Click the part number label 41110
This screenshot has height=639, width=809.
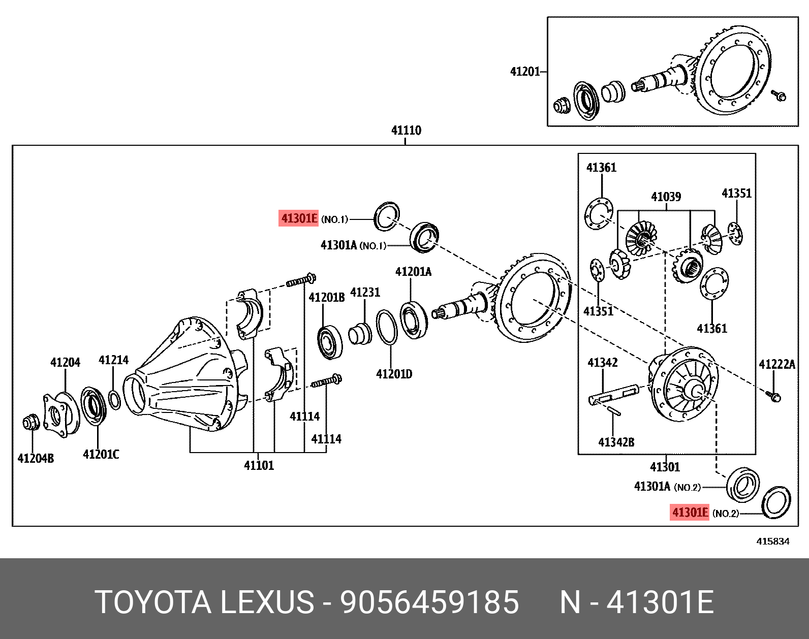406,131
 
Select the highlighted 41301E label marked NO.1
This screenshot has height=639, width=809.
299,218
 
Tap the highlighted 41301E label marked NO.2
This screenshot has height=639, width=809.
690,512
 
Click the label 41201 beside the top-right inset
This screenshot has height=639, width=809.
524,72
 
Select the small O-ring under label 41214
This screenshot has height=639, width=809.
115,399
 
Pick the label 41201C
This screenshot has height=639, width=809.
101,454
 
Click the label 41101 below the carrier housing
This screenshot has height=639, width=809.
259,465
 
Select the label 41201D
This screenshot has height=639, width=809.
394,374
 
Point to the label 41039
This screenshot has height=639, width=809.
666,197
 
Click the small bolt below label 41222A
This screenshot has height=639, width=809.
775,396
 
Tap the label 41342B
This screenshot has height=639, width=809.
616,442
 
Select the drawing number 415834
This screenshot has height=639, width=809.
773,541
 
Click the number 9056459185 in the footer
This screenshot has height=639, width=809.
430,602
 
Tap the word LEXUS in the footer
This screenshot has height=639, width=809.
267,602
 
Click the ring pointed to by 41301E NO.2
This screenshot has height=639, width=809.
776,502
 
